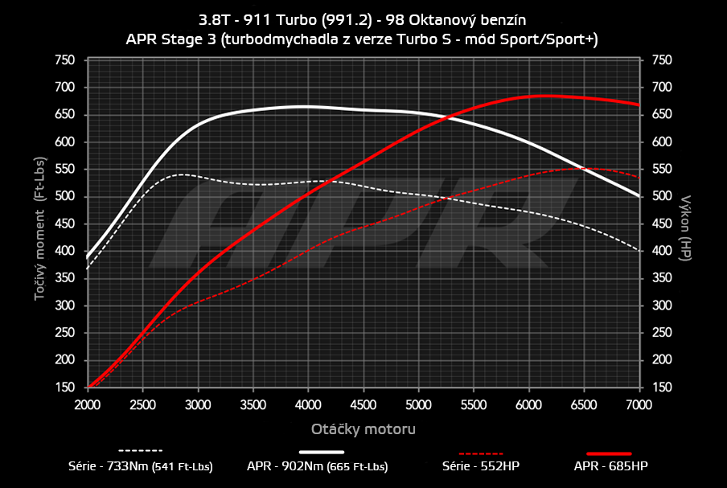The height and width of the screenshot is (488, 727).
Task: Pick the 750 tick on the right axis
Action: coord(662,60)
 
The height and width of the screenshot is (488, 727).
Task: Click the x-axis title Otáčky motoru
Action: coord(363,429)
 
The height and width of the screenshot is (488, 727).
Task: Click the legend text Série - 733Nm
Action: coord(141,465)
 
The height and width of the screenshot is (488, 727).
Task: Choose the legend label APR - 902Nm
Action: coord(318,465)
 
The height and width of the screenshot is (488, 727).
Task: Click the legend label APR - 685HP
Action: coord(609,465)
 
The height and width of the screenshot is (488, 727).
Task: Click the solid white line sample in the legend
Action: coord(327,451)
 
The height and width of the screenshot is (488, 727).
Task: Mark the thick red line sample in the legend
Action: coord(609,451)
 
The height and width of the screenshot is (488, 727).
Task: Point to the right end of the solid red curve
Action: coord(639,105)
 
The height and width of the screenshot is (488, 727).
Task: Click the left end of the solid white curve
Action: coord(88,256)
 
